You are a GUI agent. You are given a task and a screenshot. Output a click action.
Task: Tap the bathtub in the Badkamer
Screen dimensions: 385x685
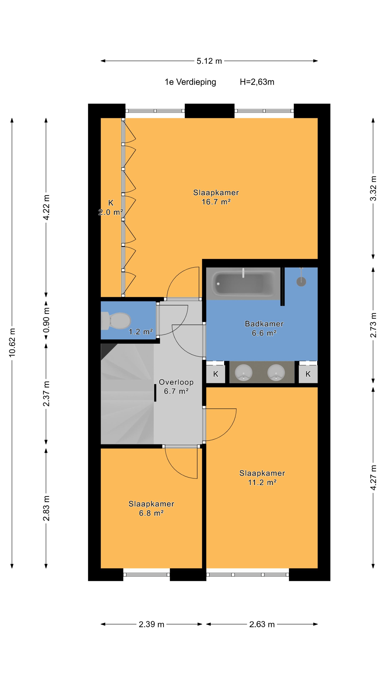[x=243, y=283]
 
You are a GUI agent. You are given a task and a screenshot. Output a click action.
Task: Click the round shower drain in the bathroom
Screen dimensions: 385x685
[x=301, y=282]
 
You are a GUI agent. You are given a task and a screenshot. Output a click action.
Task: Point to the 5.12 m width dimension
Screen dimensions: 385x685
[x=209, y=61]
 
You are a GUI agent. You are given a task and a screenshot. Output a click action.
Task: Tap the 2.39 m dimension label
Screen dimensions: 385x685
[x=152, y=624]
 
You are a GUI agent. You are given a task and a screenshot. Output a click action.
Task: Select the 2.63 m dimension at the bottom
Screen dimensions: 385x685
[x=262, y=624]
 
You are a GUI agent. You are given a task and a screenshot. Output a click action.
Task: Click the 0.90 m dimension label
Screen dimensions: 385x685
[x=46, y=320]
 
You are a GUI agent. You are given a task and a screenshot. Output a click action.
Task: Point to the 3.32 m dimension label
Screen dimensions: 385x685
[x=373, y=189]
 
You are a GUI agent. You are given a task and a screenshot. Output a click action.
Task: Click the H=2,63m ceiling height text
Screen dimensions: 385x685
[x=257, y=82]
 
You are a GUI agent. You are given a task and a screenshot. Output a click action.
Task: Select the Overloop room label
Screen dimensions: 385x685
[x=176, y=382]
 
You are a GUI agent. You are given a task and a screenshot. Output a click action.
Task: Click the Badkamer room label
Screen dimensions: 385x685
[x=264, y=324]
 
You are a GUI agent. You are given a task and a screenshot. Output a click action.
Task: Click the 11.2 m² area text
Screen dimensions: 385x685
[x=262, y=482]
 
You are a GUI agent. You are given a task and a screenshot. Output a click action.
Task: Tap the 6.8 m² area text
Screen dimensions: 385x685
[x=151, y=513]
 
